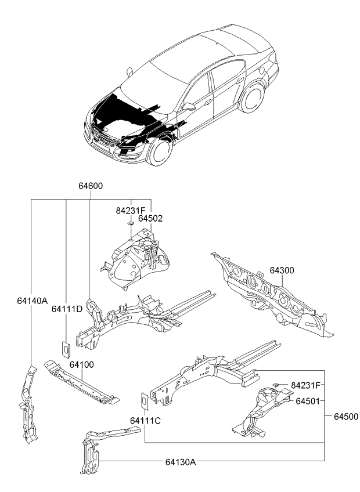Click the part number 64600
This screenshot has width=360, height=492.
point(91,186)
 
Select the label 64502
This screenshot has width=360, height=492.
point(150,218)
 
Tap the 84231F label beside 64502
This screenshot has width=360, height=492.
point(131,210)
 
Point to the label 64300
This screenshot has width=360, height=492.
point(282,270)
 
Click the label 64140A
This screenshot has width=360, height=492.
point(32,301)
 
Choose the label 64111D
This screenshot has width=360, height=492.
point(67,309)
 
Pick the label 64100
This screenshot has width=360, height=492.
point(82,365)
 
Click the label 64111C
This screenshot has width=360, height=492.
point(145,421)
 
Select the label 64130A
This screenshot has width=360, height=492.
point(181,462)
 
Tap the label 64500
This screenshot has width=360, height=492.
point(346,417)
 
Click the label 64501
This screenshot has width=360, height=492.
point(308,401)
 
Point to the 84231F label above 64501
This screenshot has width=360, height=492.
point(305,385)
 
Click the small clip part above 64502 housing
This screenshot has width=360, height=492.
point(131,223)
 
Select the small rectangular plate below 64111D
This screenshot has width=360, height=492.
point(66,350)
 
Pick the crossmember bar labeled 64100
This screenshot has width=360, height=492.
point(82,382)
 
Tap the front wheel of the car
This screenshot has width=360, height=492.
point(161,151)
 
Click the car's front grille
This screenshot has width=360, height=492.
point(105,138)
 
